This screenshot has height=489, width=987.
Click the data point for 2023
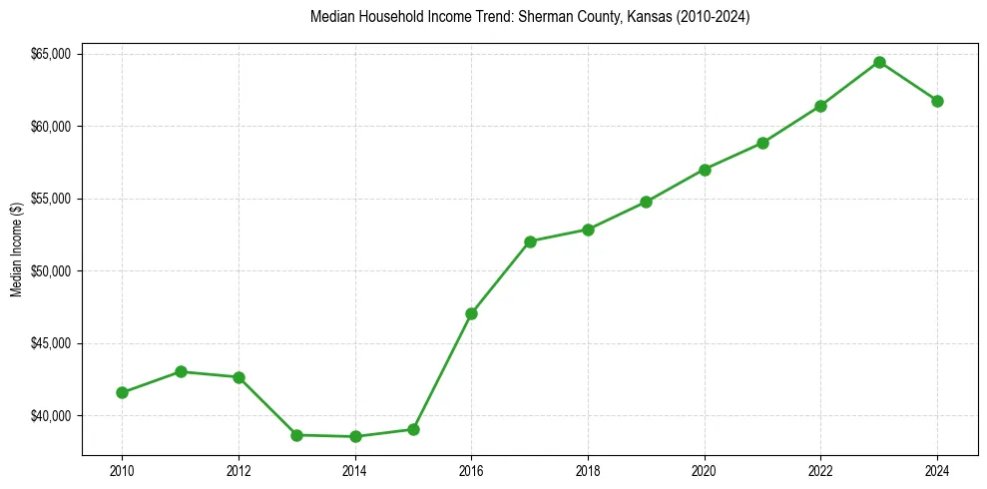pyautogui.click(x=879, y=62)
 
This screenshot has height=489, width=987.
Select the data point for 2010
pyautogui.click(x=122, y=392)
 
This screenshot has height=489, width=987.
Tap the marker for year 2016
pyautogui.click(x=471, y=313)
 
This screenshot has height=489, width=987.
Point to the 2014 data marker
pyautogui.click(x=355, y=436)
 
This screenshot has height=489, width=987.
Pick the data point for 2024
pyautogui.click(x=937, y=101)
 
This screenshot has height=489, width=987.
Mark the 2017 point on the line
pyautogui.click(x=530, y=242)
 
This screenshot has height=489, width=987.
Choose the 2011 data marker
pyautogui.click(x=181, y=371)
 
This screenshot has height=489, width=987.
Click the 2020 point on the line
pyautogui.click(x=705, y=170)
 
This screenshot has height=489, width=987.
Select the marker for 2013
pyautogui.click(x=296, y=435)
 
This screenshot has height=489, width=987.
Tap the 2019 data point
pyautogui.click(x=646, y=202)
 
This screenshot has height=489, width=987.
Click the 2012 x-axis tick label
pyautogui.click(x=239, y=470)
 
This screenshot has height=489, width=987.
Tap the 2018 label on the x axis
pyautogui.click(x=588, y=470)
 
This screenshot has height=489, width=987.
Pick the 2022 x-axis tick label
pyautogui.click(x=820, y=470)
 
